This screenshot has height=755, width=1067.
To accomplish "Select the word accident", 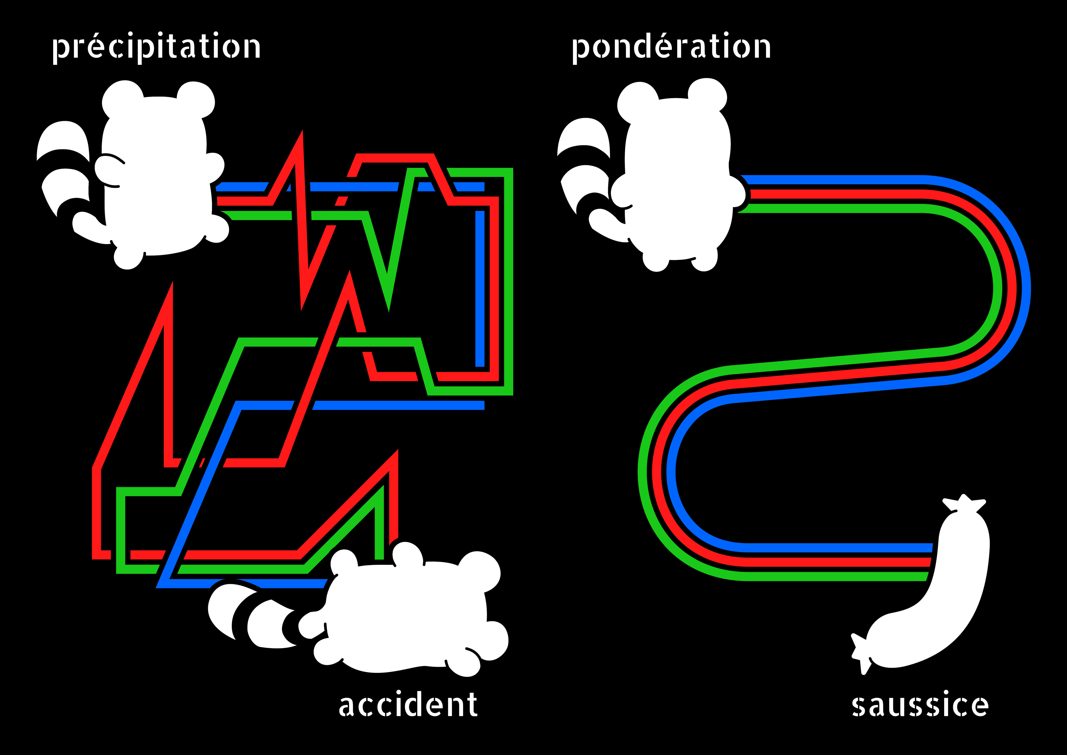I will (x=408, y=705).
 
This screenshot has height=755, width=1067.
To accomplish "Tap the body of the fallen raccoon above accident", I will (x=409, y=614).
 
